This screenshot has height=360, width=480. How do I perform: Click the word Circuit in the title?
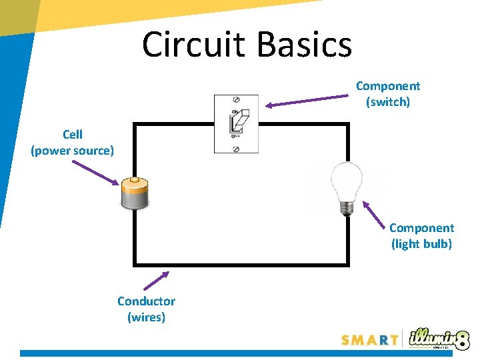(x=193, y=45)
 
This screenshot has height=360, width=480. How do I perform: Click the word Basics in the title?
(x=303, y=45)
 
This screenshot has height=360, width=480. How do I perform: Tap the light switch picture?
(x=236, y=124)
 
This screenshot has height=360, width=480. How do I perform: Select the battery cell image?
(x=136, y=194)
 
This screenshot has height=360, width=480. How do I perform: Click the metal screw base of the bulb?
(x=347, y=207)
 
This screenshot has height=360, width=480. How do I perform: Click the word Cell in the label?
(x=73, y=135)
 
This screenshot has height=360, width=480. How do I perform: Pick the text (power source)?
(x=73, y=151)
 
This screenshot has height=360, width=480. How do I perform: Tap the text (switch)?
(x=388, y=102)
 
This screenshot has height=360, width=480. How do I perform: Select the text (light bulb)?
(x=421, y=244)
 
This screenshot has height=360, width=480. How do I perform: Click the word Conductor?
(x=146, y=301)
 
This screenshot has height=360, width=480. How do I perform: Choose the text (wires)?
(x=146, y=317)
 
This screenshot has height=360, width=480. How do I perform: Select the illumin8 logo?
(x=437, y=338)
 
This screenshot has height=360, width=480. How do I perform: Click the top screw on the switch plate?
(x=236, y=101)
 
